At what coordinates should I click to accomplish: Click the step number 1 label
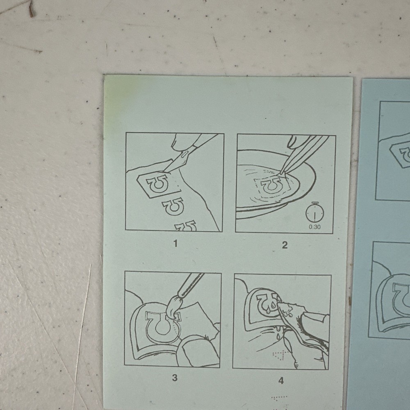tap(175, 244)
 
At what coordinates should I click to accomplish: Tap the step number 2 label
tap(285, 245)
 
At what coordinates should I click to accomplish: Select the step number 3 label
tap(175, 378)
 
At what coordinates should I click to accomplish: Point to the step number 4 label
tap(281, 381)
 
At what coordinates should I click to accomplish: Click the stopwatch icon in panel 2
tap(315, 212)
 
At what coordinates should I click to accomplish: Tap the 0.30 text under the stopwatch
tap(314, 227)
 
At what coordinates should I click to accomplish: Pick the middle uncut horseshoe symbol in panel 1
tap(173, 206)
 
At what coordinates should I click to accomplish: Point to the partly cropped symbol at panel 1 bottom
tap(186, 226)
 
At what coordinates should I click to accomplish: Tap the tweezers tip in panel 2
tap(281, 173)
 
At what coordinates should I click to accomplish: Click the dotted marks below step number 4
tap(279, 399)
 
